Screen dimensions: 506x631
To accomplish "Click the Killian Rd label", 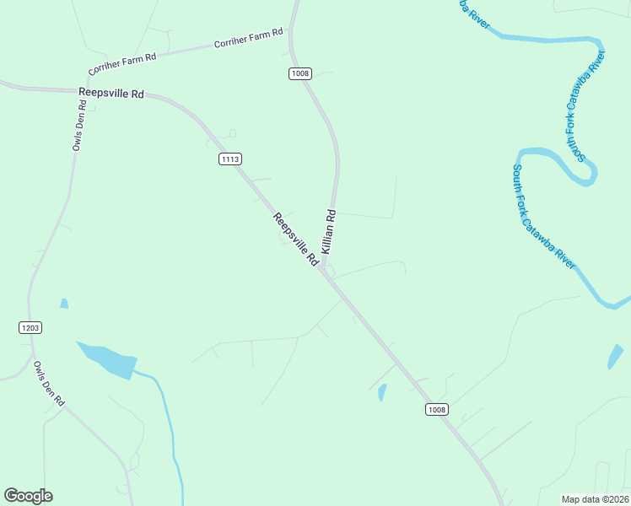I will pos(329,231).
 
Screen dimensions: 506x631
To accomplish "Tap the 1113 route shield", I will pos(229,159).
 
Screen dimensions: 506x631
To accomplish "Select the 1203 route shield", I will pos(30,327).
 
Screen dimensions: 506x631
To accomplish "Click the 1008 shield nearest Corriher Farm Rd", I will pos(300,73).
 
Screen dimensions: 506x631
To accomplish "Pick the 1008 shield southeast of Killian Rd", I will pos(435,410).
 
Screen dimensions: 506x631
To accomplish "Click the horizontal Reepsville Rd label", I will pos(111,93).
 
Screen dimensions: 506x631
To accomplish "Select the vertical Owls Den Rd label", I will pos(79,126).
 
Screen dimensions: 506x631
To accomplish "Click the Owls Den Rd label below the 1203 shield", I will pos(49,384).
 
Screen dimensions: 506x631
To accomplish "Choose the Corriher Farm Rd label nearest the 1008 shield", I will pos(248,39).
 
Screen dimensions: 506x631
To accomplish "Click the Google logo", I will pos(28,496).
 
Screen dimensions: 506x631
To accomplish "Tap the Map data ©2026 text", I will pos(594,499).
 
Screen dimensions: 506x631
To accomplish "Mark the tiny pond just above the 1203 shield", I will pos(63,304).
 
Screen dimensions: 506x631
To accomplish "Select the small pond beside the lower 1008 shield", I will pos(382,392).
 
